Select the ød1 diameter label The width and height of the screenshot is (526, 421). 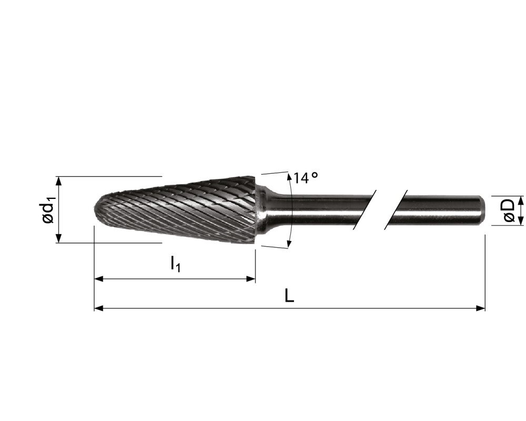point(48,209)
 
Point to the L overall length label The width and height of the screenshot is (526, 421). point(289,296)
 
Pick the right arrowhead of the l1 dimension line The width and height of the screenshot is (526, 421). point(251,279)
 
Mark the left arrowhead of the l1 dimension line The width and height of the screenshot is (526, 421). point(98,279)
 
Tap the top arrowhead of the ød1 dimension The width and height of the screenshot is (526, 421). point(58,180)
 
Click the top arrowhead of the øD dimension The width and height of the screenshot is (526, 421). point(521,199)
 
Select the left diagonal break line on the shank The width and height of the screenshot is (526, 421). point(366,209)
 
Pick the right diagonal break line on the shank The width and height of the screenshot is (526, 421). point(396,209)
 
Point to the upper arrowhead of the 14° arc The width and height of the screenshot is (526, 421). point(289,176)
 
